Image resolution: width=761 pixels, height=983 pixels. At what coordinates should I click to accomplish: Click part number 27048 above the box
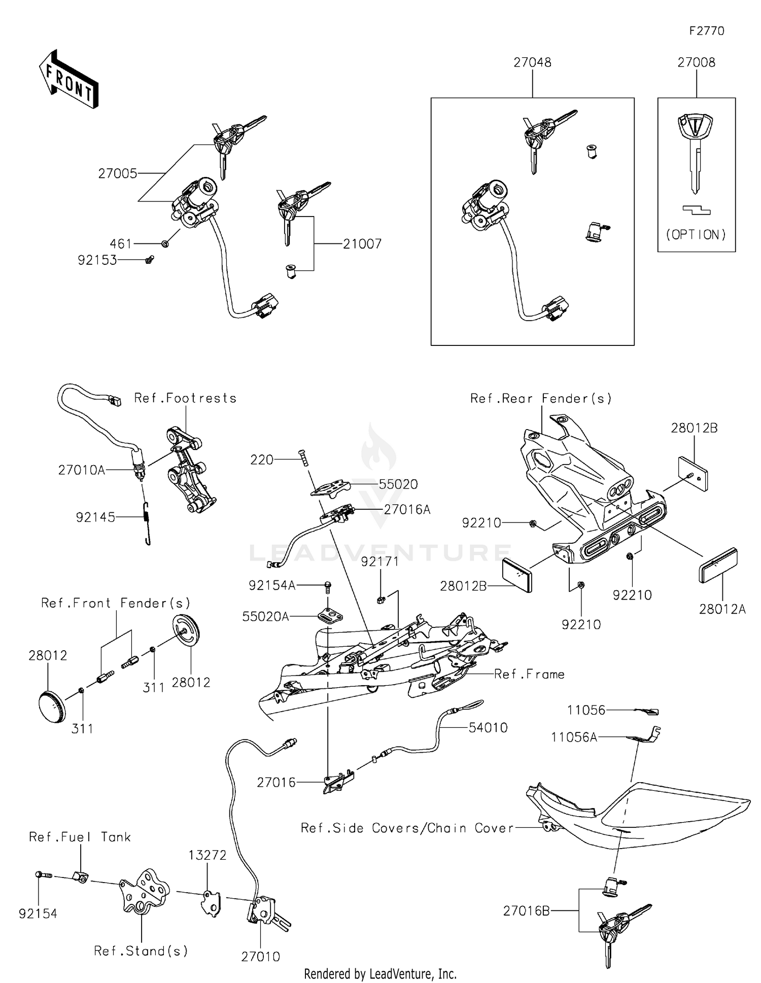532,62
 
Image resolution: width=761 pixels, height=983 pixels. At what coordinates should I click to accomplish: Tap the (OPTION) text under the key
696,234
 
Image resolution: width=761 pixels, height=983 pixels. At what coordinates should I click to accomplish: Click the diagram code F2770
707,31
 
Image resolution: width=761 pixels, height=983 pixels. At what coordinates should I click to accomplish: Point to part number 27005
118,173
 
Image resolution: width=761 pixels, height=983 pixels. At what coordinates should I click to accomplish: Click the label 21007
362,244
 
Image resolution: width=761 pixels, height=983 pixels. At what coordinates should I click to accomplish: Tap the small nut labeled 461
165,244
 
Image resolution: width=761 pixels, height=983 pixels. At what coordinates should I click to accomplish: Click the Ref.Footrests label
185,398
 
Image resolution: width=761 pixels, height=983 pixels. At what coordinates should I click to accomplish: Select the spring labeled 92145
147,522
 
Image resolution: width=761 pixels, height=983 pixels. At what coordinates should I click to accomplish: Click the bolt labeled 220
303,459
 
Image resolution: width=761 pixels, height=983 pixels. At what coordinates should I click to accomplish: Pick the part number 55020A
265,616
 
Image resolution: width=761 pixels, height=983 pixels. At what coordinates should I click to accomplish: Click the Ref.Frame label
529,674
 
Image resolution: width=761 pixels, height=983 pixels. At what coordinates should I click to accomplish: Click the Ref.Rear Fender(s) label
541,399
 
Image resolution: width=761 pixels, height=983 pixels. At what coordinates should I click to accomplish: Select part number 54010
488,728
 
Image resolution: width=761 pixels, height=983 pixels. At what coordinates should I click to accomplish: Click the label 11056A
574,737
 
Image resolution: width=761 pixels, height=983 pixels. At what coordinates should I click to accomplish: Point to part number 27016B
526,911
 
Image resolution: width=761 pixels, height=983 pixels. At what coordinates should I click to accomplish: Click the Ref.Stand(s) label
141,951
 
